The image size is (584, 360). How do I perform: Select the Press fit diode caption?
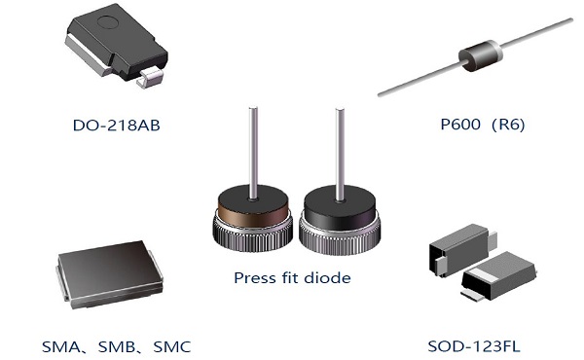click(291, 277)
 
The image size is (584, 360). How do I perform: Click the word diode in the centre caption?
click(328, 277)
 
